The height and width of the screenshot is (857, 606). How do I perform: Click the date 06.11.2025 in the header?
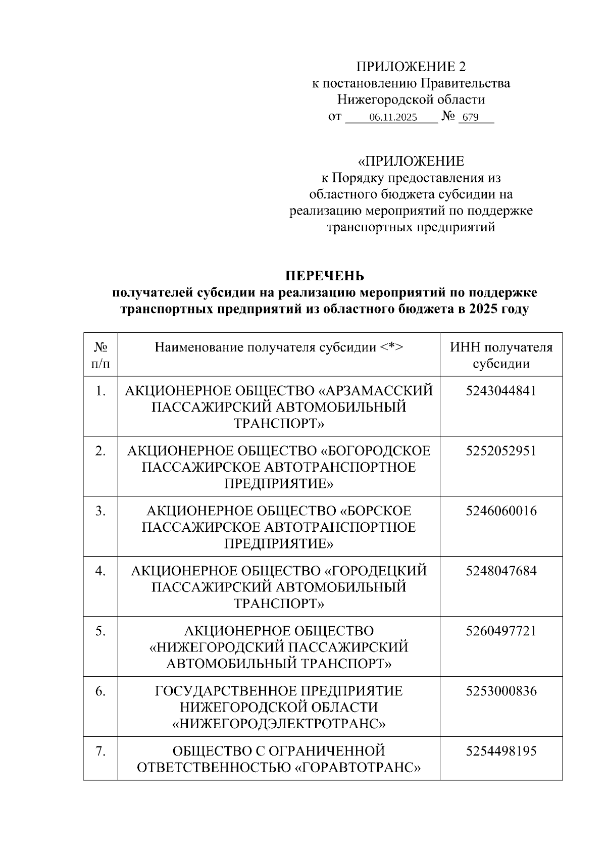[393, 118]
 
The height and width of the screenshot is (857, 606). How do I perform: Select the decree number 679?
[470, 118]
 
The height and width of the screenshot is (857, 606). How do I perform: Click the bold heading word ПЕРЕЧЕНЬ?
[325, 276]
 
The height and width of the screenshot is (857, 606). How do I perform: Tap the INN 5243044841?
[501, 391]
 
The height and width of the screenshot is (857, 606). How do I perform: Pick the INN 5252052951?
[501, 451]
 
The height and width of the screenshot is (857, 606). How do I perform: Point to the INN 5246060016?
[501, 511]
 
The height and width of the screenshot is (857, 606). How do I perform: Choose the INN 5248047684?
[501, 571]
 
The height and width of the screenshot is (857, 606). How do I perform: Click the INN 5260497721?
[501, 631]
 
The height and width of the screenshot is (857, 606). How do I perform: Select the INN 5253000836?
[501, 691]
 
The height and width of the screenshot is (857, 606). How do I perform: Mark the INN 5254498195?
[501, 751]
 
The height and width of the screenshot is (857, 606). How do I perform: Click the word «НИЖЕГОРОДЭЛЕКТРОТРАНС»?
[279, 724]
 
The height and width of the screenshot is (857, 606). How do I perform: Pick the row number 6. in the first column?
[100, 691]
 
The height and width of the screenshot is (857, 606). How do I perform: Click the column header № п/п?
[100, 355]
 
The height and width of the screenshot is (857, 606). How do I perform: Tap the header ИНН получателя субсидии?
[501, 355]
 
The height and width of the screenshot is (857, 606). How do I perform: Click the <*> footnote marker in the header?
[392, 347]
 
